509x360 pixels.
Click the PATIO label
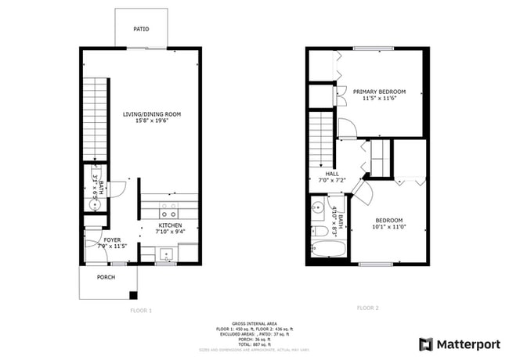click(141, 29)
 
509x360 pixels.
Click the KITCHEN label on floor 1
click(170, 225)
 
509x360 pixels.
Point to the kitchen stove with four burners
click(168, 211)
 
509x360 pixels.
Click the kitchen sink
click(166, 254)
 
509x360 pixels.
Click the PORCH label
click(106, 278)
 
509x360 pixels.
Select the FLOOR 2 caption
click(367, 308)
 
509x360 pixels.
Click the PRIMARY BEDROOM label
click(379, 92)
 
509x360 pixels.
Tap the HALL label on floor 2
click(331, 174)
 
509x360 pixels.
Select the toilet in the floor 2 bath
click(319, 232)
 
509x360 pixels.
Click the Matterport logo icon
click(426, 344)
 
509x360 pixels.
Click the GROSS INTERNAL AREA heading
click(254, 322)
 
